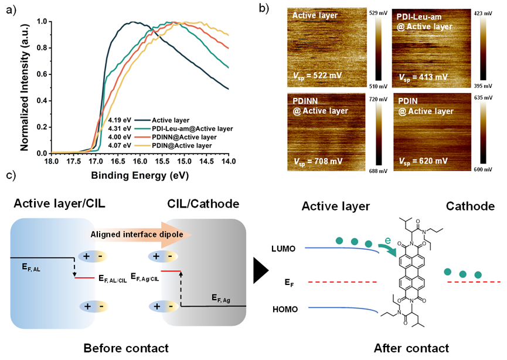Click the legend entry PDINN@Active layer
pos(184,137)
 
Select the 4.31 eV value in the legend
pos(120,129)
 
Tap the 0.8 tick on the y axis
pos(42,48)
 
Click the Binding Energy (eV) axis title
pos(139,175)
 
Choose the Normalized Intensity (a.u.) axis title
pos(25,87)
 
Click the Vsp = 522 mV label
pos(317,76)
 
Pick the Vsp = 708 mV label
pos(318,161)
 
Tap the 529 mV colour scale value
pos(378,13)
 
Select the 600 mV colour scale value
pos(483,169)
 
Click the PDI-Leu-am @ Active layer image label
pos(424,22)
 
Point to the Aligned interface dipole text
pos(137,235)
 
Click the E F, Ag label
pos(221,298)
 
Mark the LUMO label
pos(284,249)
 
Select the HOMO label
pos(285,310)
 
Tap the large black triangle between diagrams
pos(261,270)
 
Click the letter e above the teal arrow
pos(387,240)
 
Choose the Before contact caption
pos(126,348)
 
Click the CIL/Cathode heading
pos(203,204)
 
